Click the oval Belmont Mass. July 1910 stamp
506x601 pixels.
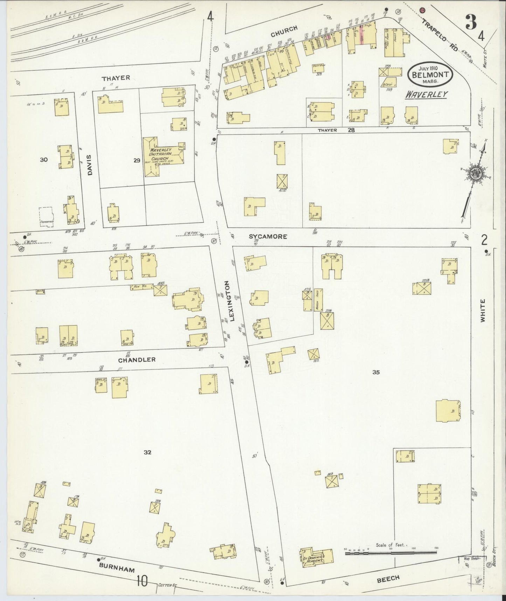tap(430, 74)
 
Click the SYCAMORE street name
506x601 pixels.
tap(268, 237)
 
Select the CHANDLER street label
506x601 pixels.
tap(137, 360)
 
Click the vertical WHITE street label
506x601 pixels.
tap(483, 311)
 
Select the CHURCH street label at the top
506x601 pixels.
tap(284, 31)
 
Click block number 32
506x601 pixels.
tap(147, 452)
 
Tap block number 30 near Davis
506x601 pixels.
tap(43, 160)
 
